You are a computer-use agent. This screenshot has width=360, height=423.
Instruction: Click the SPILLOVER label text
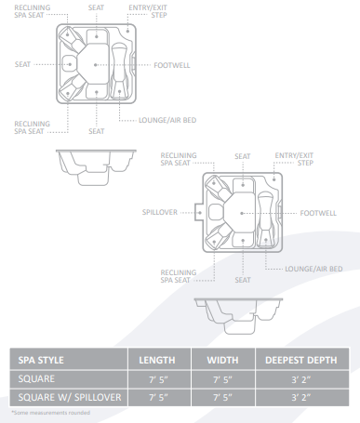coord(160,212)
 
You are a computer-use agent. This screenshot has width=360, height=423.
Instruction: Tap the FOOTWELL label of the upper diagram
coord(172,65)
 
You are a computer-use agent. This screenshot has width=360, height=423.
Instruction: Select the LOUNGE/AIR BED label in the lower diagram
coord(313,269)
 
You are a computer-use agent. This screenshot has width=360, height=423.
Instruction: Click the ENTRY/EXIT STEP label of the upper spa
coord(148,11)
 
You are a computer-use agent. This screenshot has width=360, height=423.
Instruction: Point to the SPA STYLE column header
coord(41,360)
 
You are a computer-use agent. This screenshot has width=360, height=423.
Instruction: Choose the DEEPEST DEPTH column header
coord(301,360)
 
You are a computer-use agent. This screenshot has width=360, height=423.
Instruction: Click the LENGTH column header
coord(157,360)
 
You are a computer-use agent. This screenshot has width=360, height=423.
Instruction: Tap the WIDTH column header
coord(222,360)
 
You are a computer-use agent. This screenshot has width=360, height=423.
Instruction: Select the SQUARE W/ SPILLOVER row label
coord(70,397)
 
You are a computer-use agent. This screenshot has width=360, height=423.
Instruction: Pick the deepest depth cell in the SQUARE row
coord(301,379)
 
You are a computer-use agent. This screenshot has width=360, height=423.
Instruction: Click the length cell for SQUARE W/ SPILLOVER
coord(158,397)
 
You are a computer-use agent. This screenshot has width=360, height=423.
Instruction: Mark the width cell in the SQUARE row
coord(222,379)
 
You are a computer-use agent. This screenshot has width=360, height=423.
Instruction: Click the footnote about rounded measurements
coord(51,413)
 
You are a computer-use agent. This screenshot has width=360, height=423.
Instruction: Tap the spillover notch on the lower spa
coord(198,212)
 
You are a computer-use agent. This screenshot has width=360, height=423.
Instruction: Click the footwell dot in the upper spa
coord(96,65)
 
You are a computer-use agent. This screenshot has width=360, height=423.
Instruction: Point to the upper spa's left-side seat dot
coord(70,64)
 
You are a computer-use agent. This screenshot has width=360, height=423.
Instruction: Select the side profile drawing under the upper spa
coord(96,167)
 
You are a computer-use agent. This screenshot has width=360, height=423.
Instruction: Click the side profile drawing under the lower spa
coord(238,316)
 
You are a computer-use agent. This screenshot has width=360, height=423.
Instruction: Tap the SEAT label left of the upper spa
coord(22,64)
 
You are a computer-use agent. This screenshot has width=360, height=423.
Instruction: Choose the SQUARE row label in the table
coord(36,378)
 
